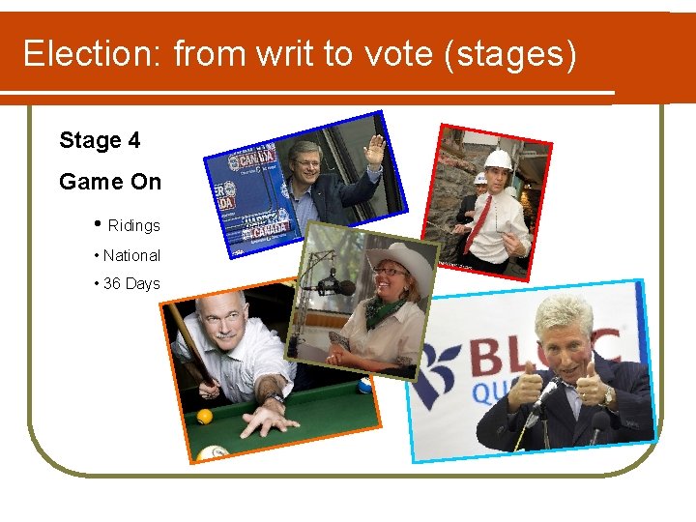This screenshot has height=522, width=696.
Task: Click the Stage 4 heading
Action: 100,141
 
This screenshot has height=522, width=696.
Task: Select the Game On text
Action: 110,182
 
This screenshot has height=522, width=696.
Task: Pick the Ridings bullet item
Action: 133,225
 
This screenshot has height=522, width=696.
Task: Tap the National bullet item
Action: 131,255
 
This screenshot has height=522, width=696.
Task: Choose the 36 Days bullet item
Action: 131,284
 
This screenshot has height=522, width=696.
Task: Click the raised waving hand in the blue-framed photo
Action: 374,149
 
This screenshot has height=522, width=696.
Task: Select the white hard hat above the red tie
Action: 498,159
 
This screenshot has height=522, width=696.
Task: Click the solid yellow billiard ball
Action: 204,417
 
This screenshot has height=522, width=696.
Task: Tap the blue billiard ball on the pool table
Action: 363,386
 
